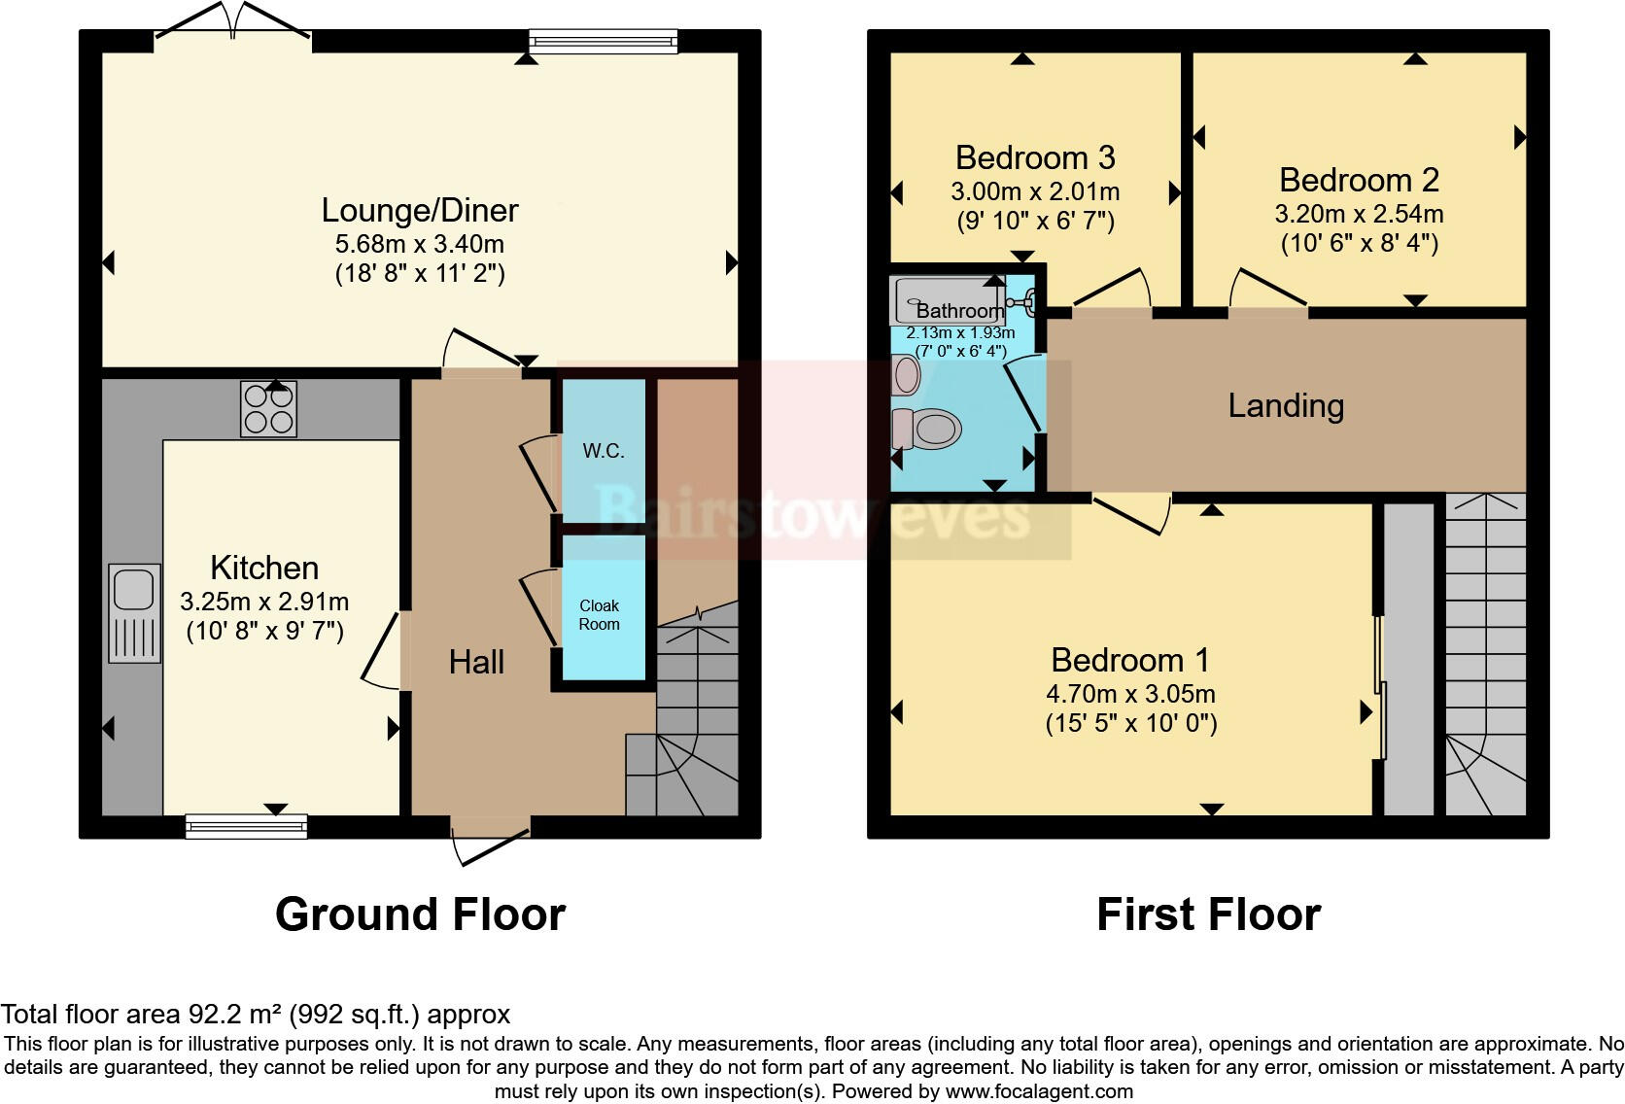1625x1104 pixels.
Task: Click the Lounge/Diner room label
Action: click(x=420, y=210)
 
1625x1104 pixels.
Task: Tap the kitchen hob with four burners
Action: click(x=268, y=409)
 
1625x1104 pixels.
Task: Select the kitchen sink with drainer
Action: click(x=134, y=612)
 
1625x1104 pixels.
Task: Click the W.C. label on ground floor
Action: click(x=603, y=451)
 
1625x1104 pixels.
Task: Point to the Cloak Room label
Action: click(x=599, y=615)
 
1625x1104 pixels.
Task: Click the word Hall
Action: click(x=476, y=662)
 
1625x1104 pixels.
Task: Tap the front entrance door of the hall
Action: click(x=491, y=844)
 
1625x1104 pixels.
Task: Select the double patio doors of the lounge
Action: click(x=233, y=21)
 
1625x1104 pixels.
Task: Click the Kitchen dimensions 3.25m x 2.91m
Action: click(x=264, y=603)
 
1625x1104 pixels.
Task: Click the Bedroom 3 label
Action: click(x=1035, y=157)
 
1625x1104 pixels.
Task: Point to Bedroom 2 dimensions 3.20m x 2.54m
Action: click(x=1359, y=214)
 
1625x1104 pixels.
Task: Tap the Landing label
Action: click(x=1286, y=405)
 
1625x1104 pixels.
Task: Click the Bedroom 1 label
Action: click(x=1130, y=660)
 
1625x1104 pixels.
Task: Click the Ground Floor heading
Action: click(x=420, y=914)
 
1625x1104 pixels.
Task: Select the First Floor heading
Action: click(x=1208, y=914)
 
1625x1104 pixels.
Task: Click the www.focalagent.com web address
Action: click(x=1039, y=1091)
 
